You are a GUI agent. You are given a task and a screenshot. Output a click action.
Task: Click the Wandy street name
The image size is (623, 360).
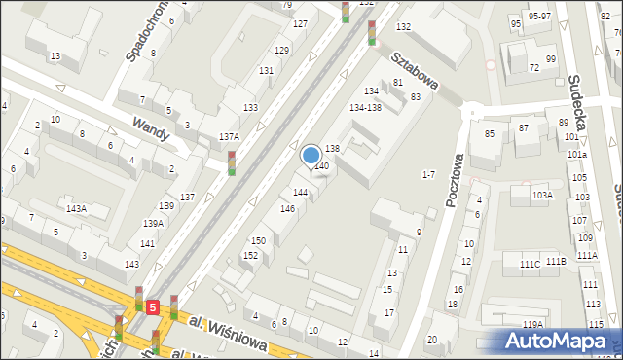click(x=152, y=127)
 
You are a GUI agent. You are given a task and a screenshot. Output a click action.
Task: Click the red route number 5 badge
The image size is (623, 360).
click(x=154, y=307)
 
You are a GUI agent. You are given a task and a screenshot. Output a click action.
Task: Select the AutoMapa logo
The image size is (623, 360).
click(x=560, y=341)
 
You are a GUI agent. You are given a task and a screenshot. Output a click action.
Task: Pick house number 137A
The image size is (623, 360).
click(x=229, y=138)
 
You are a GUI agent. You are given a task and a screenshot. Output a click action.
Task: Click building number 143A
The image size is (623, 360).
click(x=75, y=209)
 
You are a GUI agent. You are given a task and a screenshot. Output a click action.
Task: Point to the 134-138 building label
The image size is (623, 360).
click(x=365, y=107)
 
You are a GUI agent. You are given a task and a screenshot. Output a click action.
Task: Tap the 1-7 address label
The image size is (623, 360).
click(x=427, y=174)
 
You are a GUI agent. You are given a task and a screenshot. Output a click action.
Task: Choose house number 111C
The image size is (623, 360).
click(x=530, y=264)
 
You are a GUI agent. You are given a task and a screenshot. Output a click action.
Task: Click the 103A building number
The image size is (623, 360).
click(x=542, y=196)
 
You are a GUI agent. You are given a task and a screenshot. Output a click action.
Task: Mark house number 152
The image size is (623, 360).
click(x=250, y=255)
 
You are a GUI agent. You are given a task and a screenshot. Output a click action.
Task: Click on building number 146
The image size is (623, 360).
click(x=287, y=209)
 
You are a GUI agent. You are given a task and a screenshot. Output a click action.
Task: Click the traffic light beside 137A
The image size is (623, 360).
click(x=232, y=162)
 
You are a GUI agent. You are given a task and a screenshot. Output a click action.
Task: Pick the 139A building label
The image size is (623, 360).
click(x=153, y=224)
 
